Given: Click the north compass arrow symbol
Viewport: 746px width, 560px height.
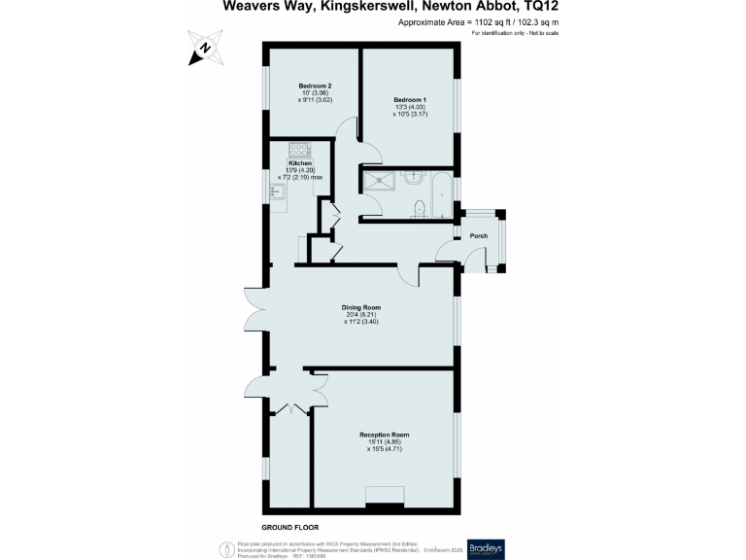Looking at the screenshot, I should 205,48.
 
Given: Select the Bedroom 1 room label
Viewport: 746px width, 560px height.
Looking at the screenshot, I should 409,100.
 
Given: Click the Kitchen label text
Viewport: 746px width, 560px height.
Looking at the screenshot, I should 300,163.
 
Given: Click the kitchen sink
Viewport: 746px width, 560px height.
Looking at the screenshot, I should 277,193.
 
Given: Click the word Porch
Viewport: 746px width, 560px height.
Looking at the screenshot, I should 479,236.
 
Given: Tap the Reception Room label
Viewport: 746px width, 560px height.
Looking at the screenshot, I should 384,435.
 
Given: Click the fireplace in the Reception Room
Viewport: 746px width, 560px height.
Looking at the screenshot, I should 384,506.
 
